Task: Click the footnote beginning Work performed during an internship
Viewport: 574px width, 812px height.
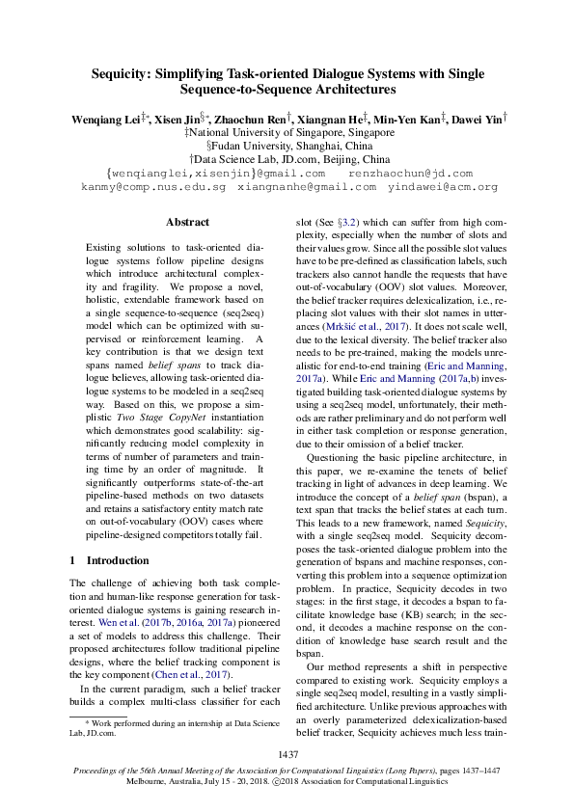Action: coord(166,722)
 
